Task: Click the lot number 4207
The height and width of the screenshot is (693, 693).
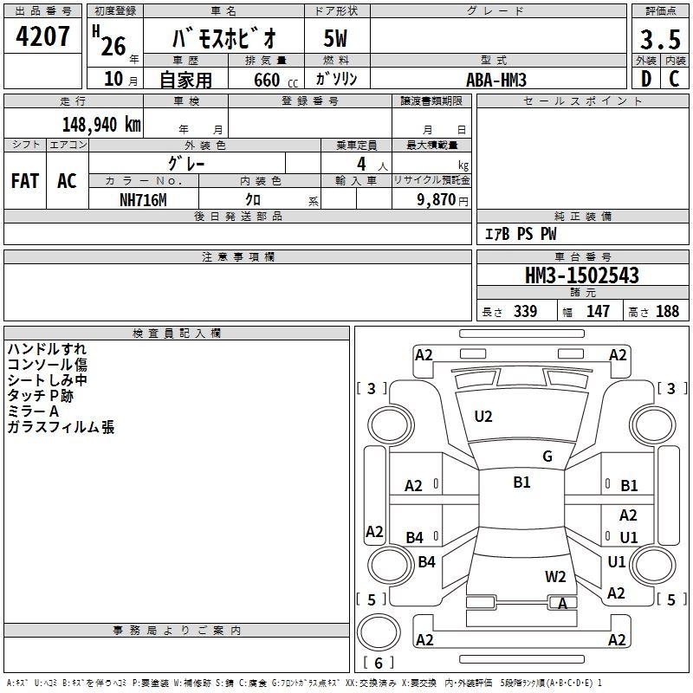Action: (x=42, y=36)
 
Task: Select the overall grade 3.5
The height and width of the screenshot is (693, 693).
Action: (x=660, y=40)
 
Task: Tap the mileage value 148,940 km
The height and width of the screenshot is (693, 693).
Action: (x=101, y=125)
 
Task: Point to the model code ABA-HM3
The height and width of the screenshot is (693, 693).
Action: (x=496, y=80)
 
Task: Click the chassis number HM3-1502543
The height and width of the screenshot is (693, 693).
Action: (x=582, y=275)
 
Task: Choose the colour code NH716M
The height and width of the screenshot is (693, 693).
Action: (x=143, y=200)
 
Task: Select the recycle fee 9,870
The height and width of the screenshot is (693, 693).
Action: (x=437, y=200)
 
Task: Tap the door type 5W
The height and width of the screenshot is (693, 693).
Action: (x=335, y=38)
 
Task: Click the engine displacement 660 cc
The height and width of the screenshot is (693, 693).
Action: (x=275, y=81)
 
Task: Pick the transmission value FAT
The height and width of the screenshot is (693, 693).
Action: (x=25, y=181)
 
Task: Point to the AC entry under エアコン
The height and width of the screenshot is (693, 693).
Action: (x=67, y=181)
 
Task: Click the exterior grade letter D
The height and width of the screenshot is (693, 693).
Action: (x=646, y=79)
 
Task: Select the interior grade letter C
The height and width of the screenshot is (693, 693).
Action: (x=674, y=79)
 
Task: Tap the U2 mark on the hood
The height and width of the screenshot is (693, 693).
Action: (x=483, y=417)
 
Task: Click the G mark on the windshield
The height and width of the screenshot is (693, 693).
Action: (x=547, y=457)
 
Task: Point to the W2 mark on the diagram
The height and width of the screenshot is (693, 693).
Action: (x=555, y=577)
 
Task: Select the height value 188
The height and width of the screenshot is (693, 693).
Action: (x=667, y=312)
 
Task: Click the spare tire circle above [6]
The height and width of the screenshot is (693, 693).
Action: (x=379, y=632)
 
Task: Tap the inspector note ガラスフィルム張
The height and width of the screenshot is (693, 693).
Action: (x=61, y=427)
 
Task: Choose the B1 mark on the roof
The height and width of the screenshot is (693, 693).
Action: (x=521, y=483)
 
